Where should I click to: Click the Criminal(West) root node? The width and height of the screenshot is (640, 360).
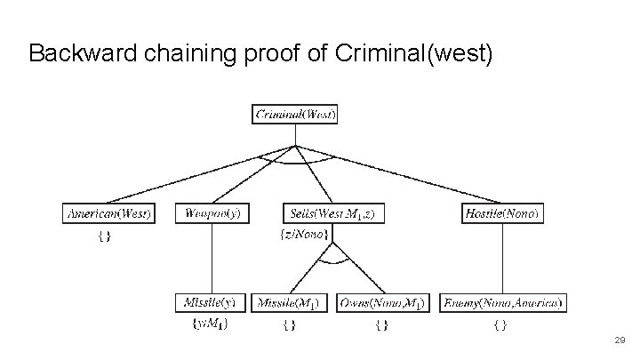tap(296, 114)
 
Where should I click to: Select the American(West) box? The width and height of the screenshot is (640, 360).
tap(109, 213)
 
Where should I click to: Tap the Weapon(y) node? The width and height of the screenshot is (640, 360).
tap(212, 213)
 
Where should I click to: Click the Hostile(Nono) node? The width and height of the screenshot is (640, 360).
tap(501, 213)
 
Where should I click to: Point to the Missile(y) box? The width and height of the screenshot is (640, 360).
tap(212, 303)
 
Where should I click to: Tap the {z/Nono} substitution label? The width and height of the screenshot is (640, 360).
tap(304, 235)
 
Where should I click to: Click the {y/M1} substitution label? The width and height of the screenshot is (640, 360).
tap(210, 324)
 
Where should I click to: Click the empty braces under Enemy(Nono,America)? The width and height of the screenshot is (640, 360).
tap(500, 325)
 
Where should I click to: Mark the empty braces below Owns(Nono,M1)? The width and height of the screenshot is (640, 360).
tap(381, 325)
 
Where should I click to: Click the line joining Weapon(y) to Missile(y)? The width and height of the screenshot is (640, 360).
tap(212, 258)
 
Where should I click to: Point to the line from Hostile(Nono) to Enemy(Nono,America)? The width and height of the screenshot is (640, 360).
tap(501, 258)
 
